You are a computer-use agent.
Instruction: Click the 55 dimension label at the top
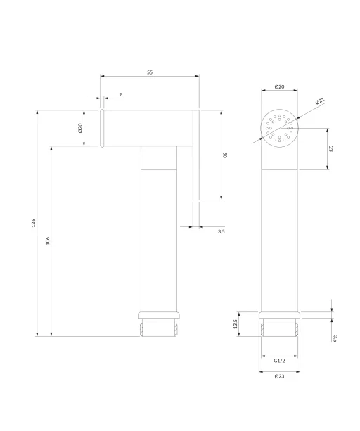[x=150, y=72]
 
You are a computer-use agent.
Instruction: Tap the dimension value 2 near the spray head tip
[x=120, y=94]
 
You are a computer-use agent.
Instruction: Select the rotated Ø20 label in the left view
[x=80, y=128]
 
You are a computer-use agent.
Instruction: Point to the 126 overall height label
[x=33, y=223]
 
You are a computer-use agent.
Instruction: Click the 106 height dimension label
[x=48, y=240]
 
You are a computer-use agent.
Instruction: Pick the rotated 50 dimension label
[x=225, y=155]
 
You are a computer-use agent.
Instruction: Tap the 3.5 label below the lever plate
[x=221, y=231]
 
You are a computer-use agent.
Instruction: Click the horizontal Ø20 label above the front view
[x=279, y=87]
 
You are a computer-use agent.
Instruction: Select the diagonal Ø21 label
[x=320, y=101]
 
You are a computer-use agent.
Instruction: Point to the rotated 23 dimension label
[x=331, y=149]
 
